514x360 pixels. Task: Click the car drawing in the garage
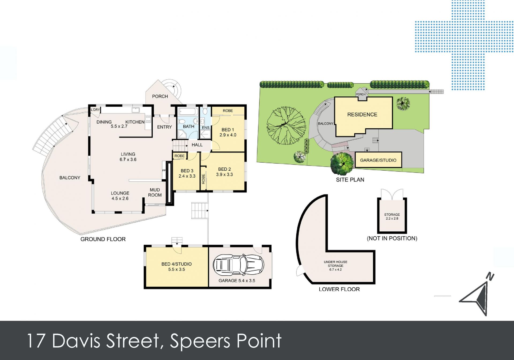239,265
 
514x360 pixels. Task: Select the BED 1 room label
228,130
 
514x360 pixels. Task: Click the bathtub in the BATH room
188,111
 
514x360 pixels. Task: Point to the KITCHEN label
135,122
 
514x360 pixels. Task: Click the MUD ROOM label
155,192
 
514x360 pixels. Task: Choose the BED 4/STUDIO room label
176,264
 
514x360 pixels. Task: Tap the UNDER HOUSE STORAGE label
335,264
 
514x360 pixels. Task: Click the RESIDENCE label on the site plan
362,114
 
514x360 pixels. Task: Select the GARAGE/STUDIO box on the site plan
378,160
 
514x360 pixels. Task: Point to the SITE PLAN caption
350,180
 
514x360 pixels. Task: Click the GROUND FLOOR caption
103,239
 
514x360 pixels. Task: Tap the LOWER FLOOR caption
339,289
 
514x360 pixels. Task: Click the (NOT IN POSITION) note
392,238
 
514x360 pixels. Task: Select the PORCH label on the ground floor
160,96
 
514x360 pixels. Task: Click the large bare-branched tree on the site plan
286,125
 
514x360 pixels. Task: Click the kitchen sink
136,110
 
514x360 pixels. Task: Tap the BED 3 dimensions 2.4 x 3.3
187,176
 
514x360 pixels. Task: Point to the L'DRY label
95,110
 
